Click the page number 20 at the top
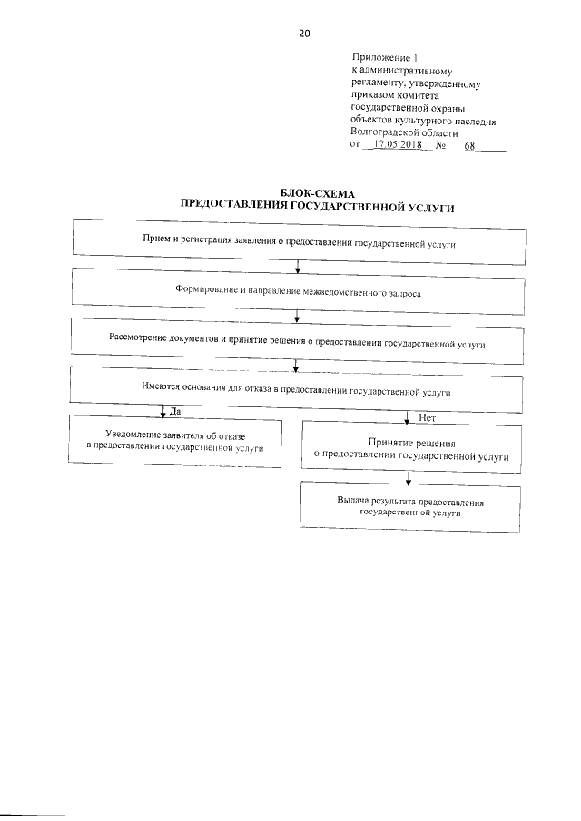(304, 34)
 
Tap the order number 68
(469, 145)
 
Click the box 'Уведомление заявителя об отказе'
(174, 442)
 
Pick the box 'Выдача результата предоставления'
(410, 507)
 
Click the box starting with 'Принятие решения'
(410, 447)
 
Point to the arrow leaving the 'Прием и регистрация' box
(298, 268)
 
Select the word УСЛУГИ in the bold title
(425, 207)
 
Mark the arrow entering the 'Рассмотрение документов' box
(298, 318)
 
